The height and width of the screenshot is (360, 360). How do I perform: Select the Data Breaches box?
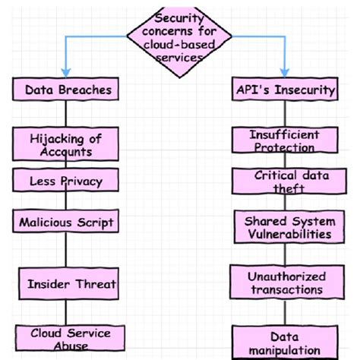[x=68, y=90]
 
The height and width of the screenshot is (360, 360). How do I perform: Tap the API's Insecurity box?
[x=285, y=90]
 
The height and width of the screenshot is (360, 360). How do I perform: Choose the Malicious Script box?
[x=67, y=222]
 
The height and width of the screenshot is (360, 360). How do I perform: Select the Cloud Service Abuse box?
[x=71, y=338]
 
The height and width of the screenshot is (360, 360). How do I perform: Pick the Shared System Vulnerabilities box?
[x=287, y=227]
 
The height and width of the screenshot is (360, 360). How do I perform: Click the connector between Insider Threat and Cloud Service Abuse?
[x=67, y=311]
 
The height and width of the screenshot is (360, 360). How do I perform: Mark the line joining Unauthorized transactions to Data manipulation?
[x=285, y=312]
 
